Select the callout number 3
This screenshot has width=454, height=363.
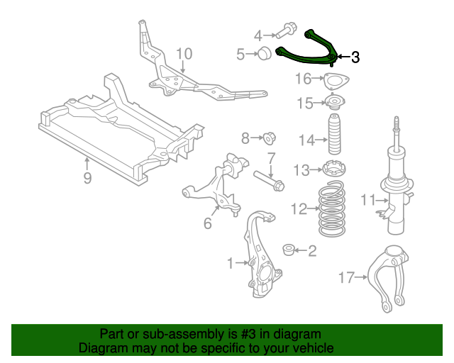pyautogui.click(x=355, y=57)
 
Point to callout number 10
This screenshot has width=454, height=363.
pyautogui.click(x=184, y=54)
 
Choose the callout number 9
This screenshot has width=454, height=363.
pyautogui.click(x=87, y=177)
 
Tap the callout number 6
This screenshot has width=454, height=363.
pyautogui.click(x=207, y=224)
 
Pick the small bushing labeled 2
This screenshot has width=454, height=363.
pyautogui.click(x=289, y=250)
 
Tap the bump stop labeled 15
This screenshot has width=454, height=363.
pyautogui.click(x=332, y=104)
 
